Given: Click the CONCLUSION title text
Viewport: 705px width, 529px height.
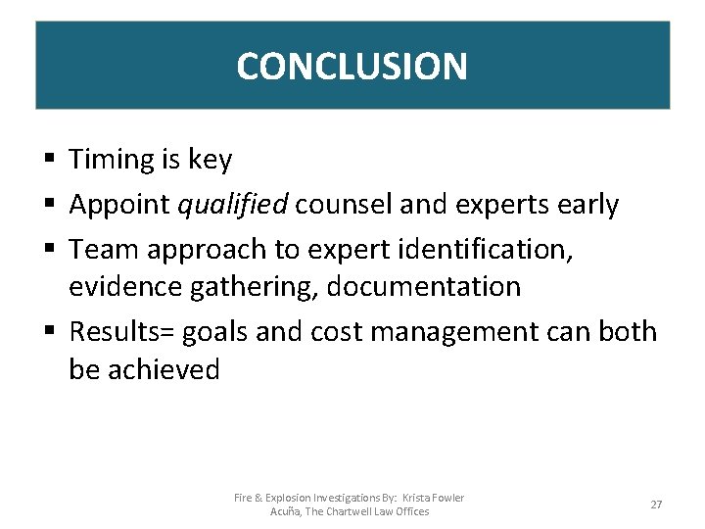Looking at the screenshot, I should (x=352, y=67).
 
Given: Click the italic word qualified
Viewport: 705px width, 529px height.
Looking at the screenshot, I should (x=232, y=205).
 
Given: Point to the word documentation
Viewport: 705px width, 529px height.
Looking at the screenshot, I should (x=423, y=287).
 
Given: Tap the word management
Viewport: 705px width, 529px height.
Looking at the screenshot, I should (x=456, y=332).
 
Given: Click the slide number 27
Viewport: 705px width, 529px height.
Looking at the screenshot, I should (x=656, y=505).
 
